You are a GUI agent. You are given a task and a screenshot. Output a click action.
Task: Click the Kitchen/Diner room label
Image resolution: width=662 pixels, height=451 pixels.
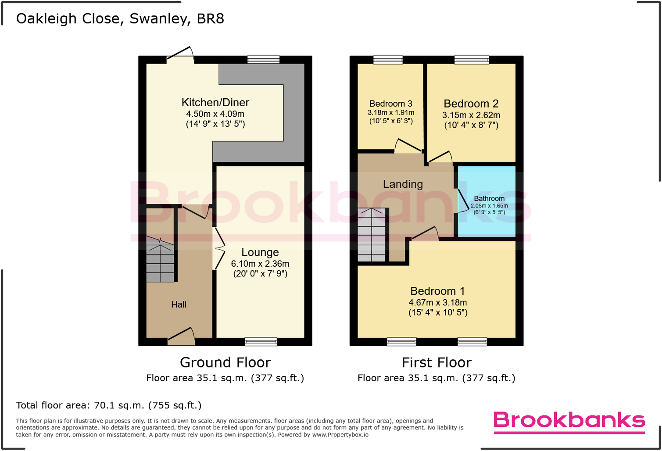[x=215, y=103]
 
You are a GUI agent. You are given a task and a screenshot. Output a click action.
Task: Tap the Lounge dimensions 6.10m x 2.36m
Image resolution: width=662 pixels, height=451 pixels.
[x=260, y=264]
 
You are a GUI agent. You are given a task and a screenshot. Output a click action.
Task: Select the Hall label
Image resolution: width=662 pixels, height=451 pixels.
[x=179, y=304]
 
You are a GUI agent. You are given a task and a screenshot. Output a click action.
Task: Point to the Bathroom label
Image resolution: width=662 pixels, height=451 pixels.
[x=489, y=198]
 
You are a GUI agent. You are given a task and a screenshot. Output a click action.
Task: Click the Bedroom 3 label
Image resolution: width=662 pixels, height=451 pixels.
[x=390, y=104]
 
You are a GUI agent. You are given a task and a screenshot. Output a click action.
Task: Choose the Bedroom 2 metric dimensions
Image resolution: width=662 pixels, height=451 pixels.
[x=471, y=115]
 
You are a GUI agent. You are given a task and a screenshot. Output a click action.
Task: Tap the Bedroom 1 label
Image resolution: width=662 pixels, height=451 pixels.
[x=437, y=291]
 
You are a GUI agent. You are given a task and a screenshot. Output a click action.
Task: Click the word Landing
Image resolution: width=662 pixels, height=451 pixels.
[x=403, y=184]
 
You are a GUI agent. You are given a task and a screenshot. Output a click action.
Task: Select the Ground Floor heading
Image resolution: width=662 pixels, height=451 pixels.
[x=225, y=362]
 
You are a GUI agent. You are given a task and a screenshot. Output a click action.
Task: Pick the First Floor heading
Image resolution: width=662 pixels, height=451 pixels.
[x=437, y=362]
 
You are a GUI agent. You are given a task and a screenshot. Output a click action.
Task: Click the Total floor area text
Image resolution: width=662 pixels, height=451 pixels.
[x=109, y=405]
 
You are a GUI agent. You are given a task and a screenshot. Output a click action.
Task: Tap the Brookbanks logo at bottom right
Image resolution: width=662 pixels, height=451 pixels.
[x=569, y=421]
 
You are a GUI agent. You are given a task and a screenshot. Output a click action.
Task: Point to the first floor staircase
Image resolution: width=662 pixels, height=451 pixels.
[x=372, y=235]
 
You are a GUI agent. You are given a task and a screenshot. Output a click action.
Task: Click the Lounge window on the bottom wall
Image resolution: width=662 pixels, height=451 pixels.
[x=261, y=341]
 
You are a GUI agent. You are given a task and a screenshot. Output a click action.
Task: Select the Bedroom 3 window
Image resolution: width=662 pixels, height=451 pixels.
[x=388, y=60]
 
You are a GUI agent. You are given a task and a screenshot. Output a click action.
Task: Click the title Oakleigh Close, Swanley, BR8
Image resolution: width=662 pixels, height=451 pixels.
[x=120, y=18]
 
